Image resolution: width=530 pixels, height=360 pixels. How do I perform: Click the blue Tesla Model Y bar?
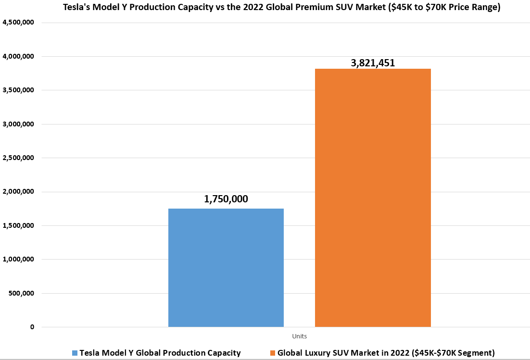tap(226, 268)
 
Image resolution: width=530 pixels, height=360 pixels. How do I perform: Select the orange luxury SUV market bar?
tap(373, 198)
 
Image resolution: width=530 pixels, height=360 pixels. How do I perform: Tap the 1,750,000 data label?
tap(226, 199)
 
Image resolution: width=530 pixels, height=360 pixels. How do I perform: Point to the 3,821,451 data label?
tap(373, 62)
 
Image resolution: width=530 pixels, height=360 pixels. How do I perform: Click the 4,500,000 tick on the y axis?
tap(18, 23)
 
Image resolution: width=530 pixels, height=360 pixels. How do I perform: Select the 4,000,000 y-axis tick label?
tap(18, 57)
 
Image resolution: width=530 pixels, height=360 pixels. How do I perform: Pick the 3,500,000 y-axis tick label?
tap(18, 90)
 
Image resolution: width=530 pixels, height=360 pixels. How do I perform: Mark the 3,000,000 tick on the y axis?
tap(18, 124)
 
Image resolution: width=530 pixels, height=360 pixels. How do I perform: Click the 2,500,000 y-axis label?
tap(18, 158)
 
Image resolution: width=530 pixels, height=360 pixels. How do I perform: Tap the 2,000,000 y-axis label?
tap(18, 192)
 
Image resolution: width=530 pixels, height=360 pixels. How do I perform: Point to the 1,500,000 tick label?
tap(18, 225)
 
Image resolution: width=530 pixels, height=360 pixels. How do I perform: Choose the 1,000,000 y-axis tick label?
tap(18, 260)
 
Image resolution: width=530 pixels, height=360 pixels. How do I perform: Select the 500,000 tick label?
tap(21, 293)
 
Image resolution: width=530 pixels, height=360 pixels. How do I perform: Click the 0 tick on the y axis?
tap(32, 327)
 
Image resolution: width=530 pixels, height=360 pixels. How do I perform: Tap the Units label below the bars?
tap(299, 336)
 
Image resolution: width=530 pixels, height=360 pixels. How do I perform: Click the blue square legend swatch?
tap(75, 353)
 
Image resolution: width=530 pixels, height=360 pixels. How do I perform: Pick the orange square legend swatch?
tap(273, 353)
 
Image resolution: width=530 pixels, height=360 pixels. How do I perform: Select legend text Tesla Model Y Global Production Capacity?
tap(160, 353)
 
